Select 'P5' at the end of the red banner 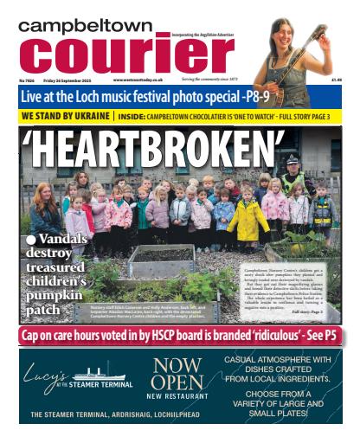click(x=330, y=334)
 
